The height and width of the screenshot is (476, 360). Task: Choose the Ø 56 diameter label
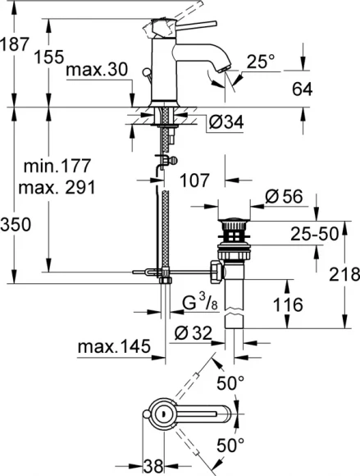coord(285,196)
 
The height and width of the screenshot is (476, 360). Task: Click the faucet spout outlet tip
coord(220,75)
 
